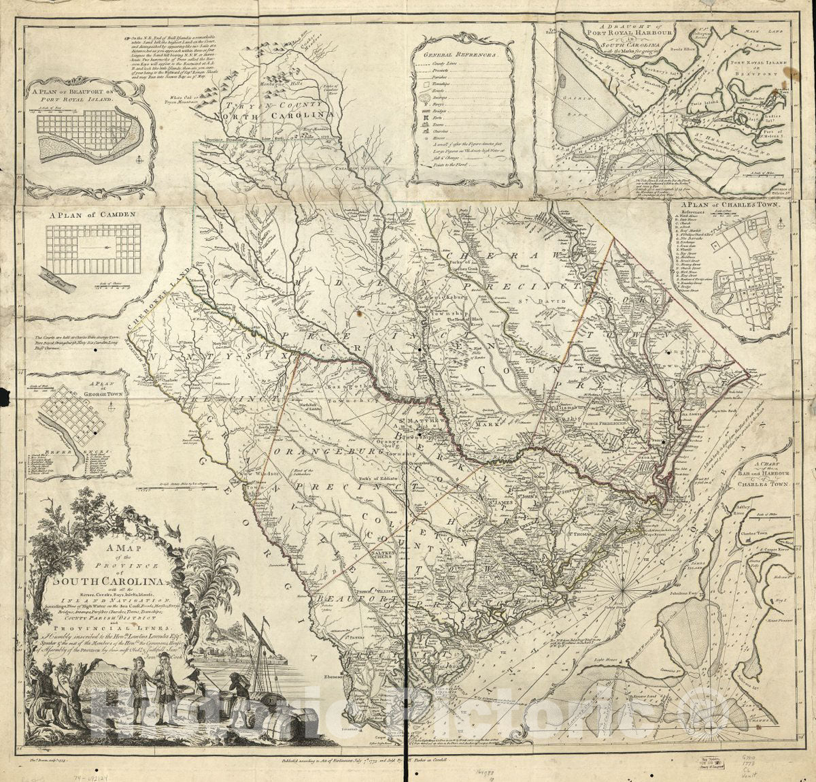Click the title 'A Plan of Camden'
pos(92,214)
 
